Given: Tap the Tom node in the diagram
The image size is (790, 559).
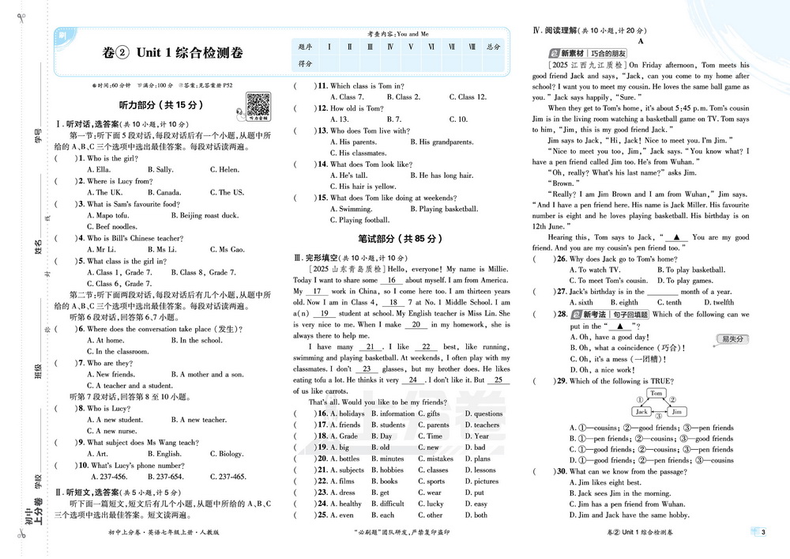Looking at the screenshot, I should tap(656, 393).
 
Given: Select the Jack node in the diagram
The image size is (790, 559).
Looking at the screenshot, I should tap(641, 411).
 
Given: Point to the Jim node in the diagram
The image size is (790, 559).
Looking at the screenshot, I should tap(677, 411).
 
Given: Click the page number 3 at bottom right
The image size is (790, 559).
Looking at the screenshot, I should tap(762, 531).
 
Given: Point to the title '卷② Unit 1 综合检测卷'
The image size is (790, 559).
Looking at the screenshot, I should tap(172, 53).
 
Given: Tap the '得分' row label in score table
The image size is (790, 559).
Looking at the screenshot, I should tap(305, 63).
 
